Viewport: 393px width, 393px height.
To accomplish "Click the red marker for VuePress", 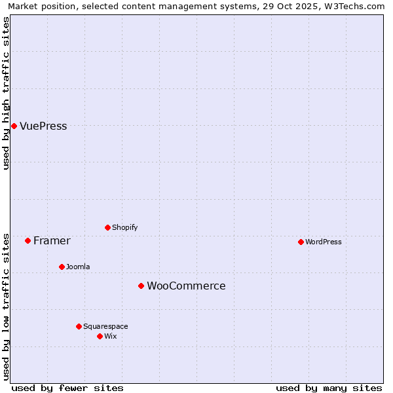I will click(x=14, y=126).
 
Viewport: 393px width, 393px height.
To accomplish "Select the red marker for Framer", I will click(x=28, y=240).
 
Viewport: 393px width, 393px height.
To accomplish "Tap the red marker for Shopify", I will click(x=107, y=227).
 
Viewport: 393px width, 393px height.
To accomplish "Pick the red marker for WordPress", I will click(x=301, y=242).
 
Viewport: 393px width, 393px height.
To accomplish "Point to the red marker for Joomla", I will click(x=62, y=267).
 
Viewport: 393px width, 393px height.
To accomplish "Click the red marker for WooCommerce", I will click(x=141, y=286).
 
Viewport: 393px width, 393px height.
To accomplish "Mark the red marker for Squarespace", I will click(x=79, y=326).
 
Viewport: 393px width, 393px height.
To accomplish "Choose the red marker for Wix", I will click(x=100, y=336).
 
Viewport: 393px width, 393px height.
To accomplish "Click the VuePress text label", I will click(x=43, y=126).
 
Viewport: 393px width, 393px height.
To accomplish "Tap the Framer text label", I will click(x=52, y=241).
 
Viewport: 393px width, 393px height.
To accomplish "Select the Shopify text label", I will click(x=124, y=228).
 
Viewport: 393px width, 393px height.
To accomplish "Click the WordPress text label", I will click(x=323, y=242).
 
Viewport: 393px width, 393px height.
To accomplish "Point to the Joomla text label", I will click(x=78, y=267).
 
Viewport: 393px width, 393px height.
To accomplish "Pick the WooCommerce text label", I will click(x=186, y=286).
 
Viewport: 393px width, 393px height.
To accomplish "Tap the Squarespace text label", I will click(x=105, y=327).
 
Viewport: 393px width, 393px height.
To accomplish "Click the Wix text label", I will click(x=110, y=337).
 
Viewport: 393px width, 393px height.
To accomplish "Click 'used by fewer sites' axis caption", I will click(x=67, y=388).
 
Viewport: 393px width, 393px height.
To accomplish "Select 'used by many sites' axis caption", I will click(x=329, y=388).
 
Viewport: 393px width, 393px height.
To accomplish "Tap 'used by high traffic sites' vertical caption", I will click(x=6, y=93).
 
